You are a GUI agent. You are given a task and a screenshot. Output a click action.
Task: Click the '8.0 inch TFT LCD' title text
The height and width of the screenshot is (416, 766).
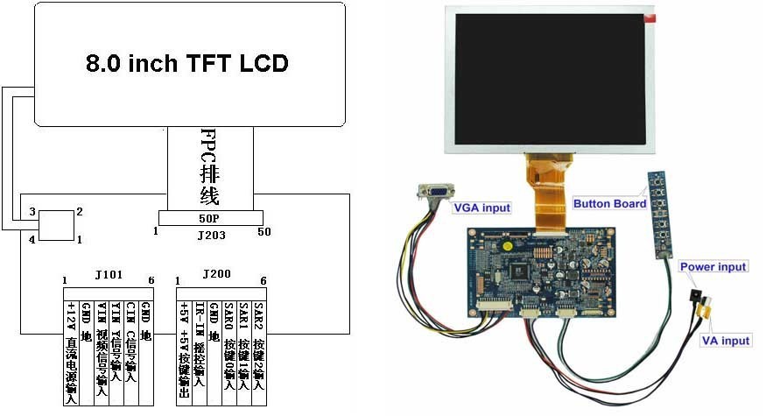[186, 63]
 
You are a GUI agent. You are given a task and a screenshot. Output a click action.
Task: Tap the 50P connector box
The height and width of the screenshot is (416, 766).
[210, 218]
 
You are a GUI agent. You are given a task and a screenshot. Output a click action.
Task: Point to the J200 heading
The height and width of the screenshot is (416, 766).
[215, 274]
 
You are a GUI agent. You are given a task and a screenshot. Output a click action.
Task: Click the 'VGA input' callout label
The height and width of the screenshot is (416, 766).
[482, 208]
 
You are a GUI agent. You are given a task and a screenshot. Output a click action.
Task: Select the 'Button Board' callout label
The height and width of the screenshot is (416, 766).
[609, 204]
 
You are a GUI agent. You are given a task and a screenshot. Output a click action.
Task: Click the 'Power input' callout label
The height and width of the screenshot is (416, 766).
[713, 266]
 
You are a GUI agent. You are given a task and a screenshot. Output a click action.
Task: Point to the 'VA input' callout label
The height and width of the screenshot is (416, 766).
[725, 341]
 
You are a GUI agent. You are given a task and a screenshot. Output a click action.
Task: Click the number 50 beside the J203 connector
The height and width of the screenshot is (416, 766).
[265, 232]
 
